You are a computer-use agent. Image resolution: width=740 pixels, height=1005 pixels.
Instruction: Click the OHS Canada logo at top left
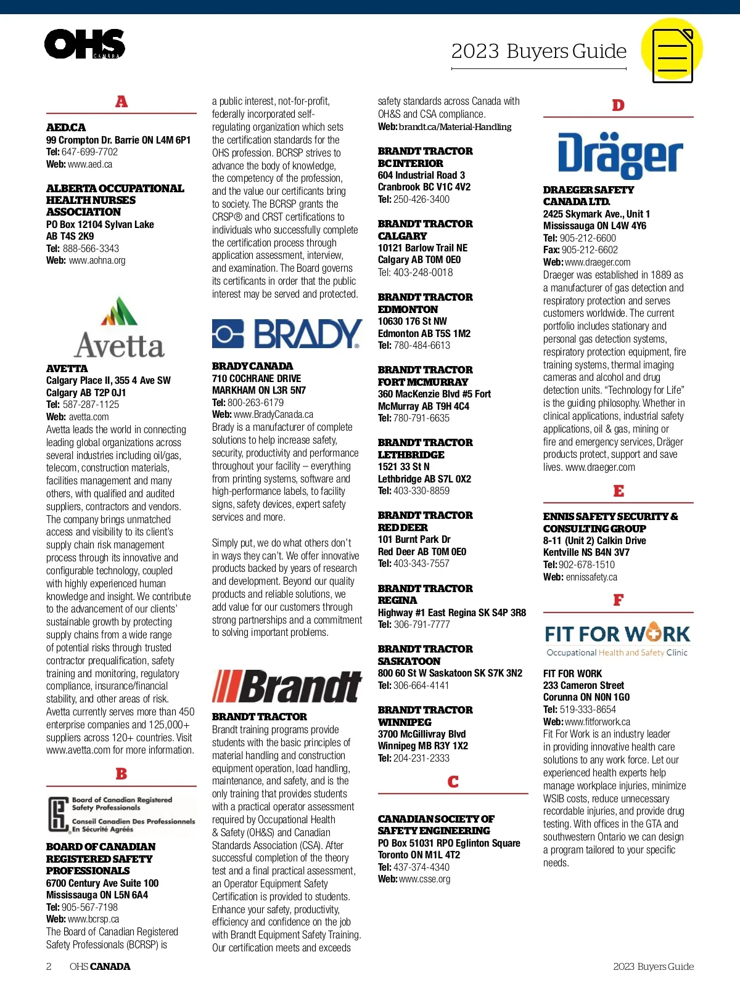click(84, 44)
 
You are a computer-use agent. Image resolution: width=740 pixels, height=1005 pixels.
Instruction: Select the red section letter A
click(121, 102)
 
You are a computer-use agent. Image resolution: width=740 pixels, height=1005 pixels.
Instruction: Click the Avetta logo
click(120, 328)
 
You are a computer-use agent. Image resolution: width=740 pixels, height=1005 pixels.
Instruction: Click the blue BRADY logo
click(287, 334)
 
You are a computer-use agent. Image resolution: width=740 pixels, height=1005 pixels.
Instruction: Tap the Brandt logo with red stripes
click(287, 686)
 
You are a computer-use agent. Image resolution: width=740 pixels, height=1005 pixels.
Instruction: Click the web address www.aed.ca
click(90, 165)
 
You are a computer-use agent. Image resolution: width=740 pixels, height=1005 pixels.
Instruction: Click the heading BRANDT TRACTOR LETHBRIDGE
click(425, 449)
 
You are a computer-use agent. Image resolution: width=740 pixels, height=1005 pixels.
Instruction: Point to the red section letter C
click(453, 782)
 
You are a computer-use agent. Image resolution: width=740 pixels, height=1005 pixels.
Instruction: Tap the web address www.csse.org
click(424, 879)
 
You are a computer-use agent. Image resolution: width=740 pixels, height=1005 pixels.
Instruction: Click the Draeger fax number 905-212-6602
click(590, 250)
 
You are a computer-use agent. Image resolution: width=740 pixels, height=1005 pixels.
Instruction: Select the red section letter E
click(619, 491)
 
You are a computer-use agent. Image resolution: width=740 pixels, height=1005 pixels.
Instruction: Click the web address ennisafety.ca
click(591, 577)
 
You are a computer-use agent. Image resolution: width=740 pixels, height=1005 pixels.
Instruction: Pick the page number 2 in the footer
click(49, 966)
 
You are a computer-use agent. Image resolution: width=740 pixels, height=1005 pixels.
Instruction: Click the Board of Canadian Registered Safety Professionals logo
click(121, 815)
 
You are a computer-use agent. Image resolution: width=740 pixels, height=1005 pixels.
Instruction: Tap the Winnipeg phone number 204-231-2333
click(421, 759)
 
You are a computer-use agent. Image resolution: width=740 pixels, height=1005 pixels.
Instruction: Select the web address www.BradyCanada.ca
click(273, 415)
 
